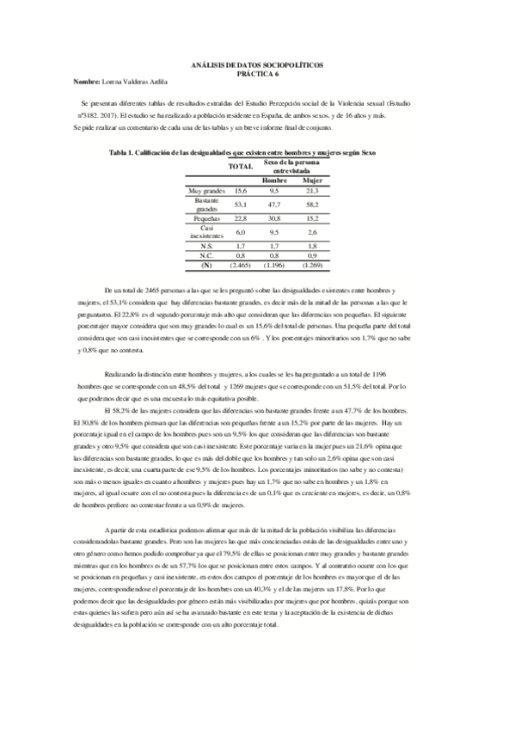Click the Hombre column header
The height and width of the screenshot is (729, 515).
click(274, 181)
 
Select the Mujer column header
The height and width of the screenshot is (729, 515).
click(312, 181)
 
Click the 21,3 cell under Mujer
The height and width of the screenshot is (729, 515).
click(312, 190)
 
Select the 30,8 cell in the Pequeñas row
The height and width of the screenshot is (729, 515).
click(274, 220)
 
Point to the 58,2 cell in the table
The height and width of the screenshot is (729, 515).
click(312, 205)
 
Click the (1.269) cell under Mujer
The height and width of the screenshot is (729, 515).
click(312, 265)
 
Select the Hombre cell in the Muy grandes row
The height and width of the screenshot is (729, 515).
click(274, 190)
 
